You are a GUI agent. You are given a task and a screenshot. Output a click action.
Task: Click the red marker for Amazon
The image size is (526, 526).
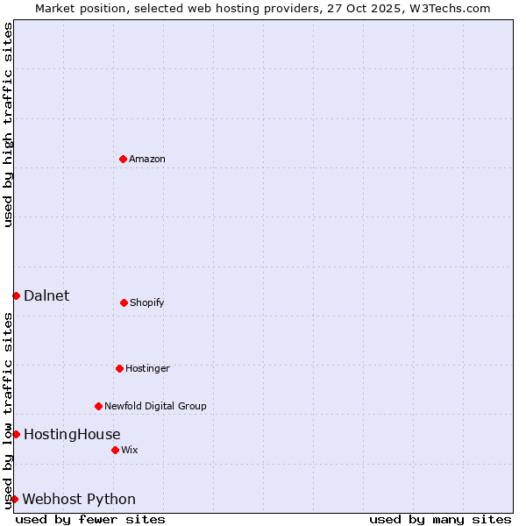point(123,159)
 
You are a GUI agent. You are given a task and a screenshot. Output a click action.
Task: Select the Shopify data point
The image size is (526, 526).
point(124,302)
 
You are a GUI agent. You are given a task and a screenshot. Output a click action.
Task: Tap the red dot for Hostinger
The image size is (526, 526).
point(119,368)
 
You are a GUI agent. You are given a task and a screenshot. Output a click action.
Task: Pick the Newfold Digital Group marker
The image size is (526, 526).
point(98,406)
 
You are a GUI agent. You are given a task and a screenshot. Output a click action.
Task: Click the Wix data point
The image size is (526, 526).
point(115,450)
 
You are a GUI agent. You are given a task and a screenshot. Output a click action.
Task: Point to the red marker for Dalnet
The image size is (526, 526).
point(16,295)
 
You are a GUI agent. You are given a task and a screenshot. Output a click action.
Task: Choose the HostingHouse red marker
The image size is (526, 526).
point(16,434)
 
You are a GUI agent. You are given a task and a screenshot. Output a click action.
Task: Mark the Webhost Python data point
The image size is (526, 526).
point(14,499)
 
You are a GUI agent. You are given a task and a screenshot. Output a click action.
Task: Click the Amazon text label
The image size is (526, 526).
point(147,159)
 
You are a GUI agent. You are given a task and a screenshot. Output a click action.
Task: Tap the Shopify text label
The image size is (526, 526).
point(147,302)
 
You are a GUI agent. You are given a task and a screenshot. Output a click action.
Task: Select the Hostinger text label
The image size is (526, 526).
point(147,368)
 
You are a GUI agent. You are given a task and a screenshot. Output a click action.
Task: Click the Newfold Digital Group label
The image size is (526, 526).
point(155,406)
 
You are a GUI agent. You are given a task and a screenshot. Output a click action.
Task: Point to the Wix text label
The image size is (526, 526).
point(130,450)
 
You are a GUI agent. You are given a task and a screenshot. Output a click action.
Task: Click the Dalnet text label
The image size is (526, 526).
point(46,295)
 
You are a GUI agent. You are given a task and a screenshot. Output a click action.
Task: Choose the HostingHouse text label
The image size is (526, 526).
point(72,434)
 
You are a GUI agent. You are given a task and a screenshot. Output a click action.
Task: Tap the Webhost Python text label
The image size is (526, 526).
point(79,499)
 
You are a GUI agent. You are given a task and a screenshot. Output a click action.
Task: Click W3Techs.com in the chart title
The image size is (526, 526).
point(451,8)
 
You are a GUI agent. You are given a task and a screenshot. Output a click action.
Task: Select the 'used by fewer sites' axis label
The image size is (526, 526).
point(90,519)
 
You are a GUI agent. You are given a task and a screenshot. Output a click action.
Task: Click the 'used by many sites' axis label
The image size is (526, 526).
point(440,519)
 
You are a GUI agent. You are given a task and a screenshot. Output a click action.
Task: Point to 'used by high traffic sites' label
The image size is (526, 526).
point(8,124)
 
